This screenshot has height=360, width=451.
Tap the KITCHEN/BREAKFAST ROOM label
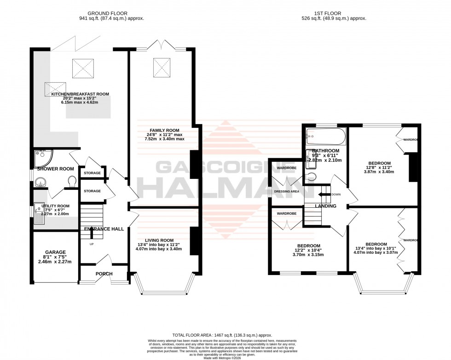point(80,94)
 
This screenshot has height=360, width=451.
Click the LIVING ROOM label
point(159,240)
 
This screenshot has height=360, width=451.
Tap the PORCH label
point(104,274)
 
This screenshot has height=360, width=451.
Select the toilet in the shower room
point(71,183)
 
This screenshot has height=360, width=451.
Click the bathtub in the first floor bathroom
point(324,137)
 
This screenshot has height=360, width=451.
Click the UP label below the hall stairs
point(91,244)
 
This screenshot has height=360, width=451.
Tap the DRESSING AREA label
point(287,191)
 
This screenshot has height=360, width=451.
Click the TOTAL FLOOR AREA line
point(225,334)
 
